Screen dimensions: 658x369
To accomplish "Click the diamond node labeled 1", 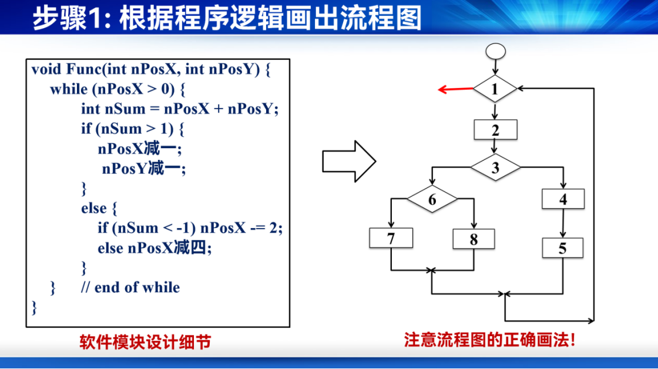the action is pyautogui.click(x=495, y=89).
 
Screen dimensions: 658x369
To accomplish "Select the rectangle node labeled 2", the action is pyautogui.click(x=496, y=130).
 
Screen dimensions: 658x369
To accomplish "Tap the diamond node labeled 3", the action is pyautogui.click(x=495, y=167).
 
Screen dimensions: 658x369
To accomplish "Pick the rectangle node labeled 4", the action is pyautogui.click(x=563, y=199).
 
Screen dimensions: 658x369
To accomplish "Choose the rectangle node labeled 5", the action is pyautogui.click(x=563, y=248).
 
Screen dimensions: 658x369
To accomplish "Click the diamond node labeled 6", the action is pyautogui.click(x=432, y=199).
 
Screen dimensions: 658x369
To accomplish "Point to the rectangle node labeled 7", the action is pyautogui.click(x=391, y=238).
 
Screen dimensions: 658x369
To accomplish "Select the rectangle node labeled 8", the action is pyautogui.click(x=474, y=239).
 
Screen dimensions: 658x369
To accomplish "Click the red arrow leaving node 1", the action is pyautogui.click(x=456, y=89).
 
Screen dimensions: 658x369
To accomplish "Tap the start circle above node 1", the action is pyautogui.click(x=496, y=52).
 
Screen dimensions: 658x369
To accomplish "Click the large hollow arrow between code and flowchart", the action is pyautogui.click(x=349, y=161).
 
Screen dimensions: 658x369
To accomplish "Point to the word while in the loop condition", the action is pyautogui.click(x=69, y=89).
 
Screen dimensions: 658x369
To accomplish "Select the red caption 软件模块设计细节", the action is pyautogui.click(x=145, y=342).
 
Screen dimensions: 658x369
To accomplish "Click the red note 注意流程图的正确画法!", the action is pyautogui.click(x=489, y=340).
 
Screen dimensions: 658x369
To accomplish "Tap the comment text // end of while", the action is pyautogui.click(x=130, y=287).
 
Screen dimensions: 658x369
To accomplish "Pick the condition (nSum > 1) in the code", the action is pyautogui.click(x=135, y=129).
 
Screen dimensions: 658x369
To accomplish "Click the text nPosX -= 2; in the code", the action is pyautogui.click(x=241, y=228).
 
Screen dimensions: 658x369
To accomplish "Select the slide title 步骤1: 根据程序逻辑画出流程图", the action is pyautogui.click(x=227, y=18).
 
